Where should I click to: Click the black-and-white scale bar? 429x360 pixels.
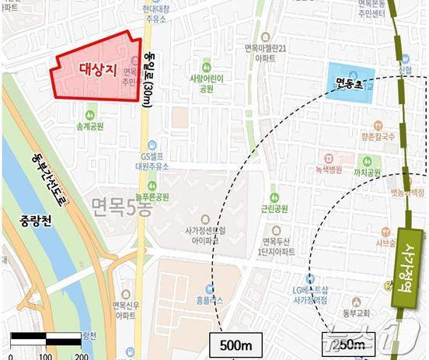pyautogui.click(x=46, y=337)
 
